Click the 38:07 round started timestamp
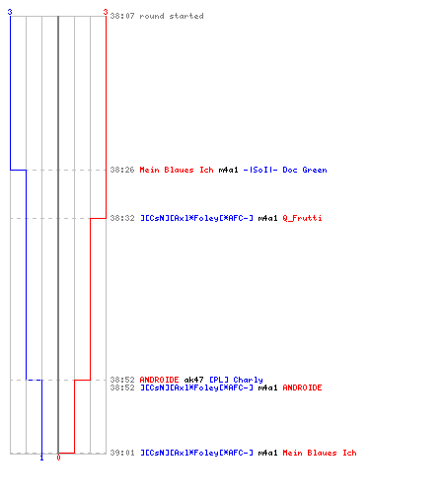[x=122, y=16]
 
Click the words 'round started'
[x=172, y=16]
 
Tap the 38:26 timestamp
[x=122, y=170]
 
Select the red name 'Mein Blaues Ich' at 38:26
[x=177, y=170]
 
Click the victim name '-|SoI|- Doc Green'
[x=285, y=170]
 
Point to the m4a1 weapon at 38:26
[x=228, y=170]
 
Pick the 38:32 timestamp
[x=122, y=218]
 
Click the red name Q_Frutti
[x=302, y=218]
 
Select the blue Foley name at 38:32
[x=196, y=218]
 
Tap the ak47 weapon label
[x=193, y=380]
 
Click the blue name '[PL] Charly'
[x=236, y=380]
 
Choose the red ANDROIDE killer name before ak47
[x=159, y=380]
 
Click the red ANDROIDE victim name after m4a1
[x=302, y=387]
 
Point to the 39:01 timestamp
[x=122, y=453]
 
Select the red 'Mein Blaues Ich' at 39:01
[x=320, y=453]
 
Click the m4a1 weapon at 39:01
[x=267, y=453]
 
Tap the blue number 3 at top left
[x=10, y=12]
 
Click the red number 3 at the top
[x=106, y=12]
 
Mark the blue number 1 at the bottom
[x=41, y=458]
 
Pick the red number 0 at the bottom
[x=58, y=458]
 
